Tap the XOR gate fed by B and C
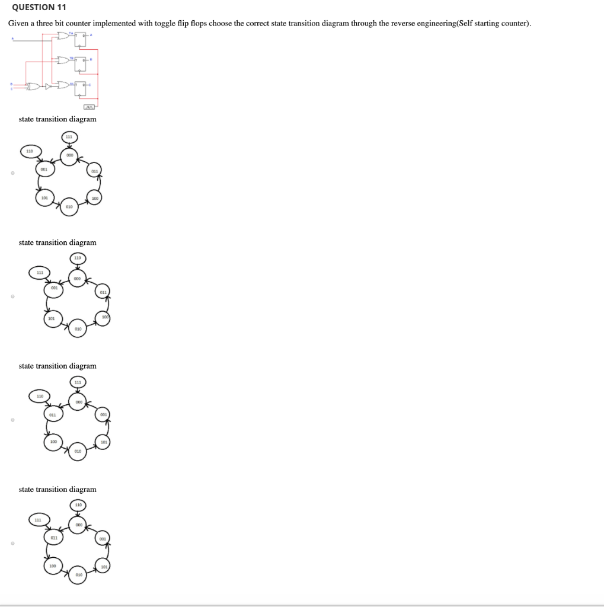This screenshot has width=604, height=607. click(34, 87)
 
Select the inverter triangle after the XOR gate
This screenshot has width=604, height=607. click(47, 87)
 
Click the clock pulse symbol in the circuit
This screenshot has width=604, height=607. click(90, 107)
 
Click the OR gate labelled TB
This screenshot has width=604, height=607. click(63, 60)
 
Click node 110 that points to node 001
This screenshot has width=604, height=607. click(29, 152)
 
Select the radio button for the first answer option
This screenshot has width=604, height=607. click(11, 173)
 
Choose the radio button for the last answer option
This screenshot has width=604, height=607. click(11, 543)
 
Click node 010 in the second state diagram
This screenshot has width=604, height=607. click(78, 328)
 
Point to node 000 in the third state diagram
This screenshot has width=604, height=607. click(78, 401)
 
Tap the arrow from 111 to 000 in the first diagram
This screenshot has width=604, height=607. click(69, 146)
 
